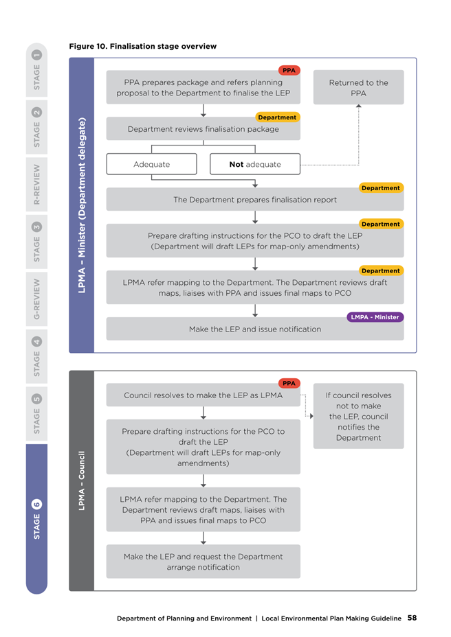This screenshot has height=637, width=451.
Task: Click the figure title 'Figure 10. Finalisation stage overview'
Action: point(142,46)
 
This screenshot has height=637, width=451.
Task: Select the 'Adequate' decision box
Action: point(151,164)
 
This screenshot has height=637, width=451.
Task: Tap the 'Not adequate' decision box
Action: point(255,164)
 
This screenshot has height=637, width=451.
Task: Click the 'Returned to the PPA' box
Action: point(359,87)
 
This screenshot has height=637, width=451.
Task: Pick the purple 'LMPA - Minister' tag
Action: point(375,317)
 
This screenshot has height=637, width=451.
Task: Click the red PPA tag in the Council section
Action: point(289,383)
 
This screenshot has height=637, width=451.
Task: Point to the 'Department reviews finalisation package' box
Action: point(203,129)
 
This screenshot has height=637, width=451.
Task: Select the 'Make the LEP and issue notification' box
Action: point(255,329)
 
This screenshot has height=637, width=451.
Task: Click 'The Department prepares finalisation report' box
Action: point(255,200)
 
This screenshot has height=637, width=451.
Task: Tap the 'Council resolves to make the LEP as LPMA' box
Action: point(203,395)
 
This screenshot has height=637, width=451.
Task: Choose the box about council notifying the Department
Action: point(359,416)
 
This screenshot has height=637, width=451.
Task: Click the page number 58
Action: point(412,618)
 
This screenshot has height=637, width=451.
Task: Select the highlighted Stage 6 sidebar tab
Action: point(36,519)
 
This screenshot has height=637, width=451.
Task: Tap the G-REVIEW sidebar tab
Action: point(36,299)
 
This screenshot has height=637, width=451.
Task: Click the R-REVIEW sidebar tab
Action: point(36,185)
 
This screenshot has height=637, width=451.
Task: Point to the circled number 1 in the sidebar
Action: point(36,55)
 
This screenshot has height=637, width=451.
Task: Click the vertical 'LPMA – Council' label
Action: point(81,480)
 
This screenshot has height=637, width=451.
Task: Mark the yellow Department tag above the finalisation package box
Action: point(278,117)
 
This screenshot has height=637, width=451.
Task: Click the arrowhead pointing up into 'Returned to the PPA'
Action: point(359,106)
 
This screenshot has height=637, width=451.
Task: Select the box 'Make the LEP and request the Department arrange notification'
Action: point(203,561)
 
